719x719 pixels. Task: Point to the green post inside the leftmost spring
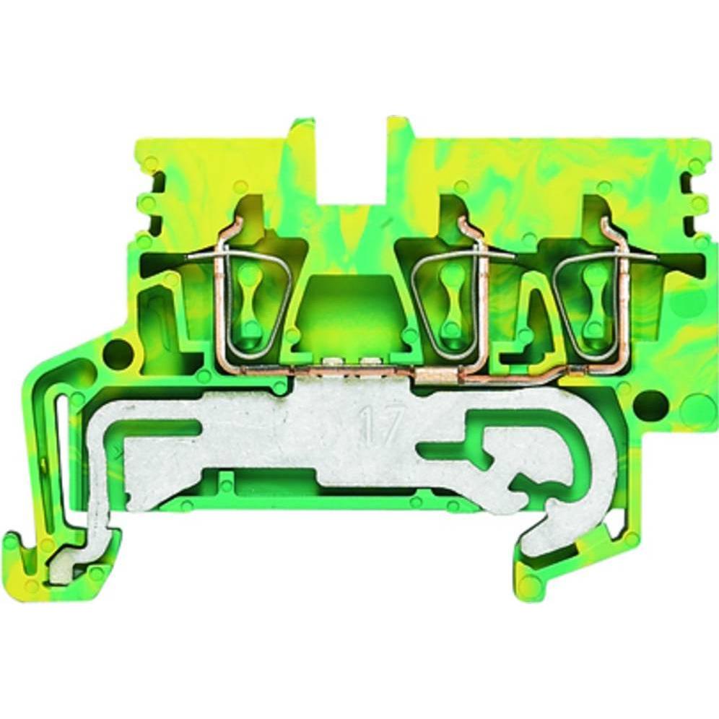pyautogui.click(x=248, y=303)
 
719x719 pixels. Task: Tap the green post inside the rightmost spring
pyautogui.click(x=596, y=303)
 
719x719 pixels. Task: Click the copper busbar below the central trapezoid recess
pyautogui.click(x=350, y=370)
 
